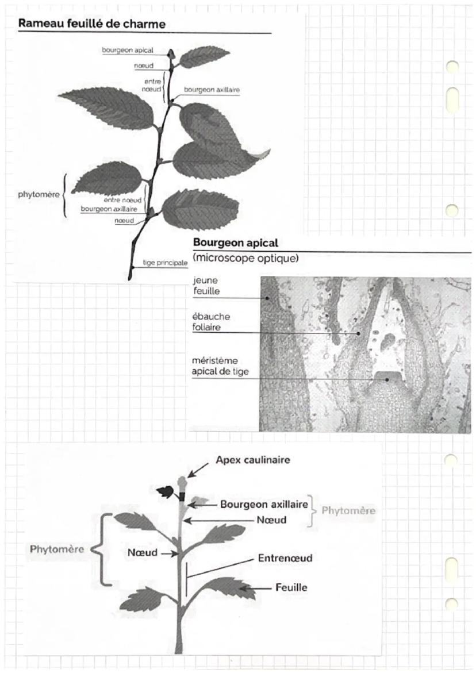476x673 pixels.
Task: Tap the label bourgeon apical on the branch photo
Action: coord(127,50)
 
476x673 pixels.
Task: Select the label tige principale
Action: coord(165,263)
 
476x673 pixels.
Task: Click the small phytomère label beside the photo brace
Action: coord(38,194)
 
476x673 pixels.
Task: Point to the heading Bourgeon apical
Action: coord(235,243)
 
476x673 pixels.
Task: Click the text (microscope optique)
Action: coord(245,258)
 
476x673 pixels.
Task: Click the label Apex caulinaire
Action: coord(253,460)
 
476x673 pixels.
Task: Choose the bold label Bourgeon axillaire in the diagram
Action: coord(264,504)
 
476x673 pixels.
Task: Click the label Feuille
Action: coord(291,587)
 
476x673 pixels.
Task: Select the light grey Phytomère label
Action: coord(348,510)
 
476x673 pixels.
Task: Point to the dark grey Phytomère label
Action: coord(57,548)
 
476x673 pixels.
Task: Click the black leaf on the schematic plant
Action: coord(166,492)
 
